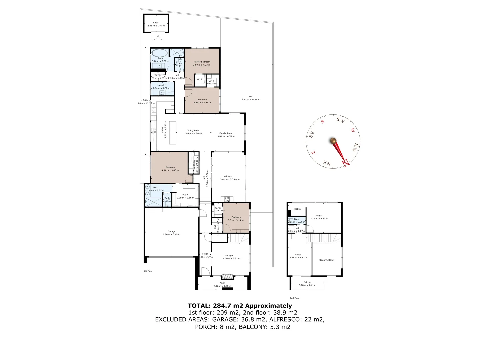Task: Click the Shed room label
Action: click(156, 23)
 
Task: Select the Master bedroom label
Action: click(202, 62)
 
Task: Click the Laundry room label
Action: click(161, 85)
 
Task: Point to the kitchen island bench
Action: click(173, 133)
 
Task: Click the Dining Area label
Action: click(193, 130)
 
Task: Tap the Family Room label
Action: click(226, 133)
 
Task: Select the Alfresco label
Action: click(228, 176)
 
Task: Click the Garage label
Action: click(171, 231)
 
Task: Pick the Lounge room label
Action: click(229, 256)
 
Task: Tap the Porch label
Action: click(222, 283)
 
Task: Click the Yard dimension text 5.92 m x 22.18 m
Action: click(251, 99)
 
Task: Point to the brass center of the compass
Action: click(333, 141)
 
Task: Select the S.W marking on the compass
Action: click(340, 120)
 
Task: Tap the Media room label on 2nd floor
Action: click(319, 216)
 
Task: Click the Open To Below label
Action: click(327, 260)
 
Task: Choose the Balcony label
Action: click(307, 282)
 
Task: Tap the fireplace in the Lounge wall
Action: click(228, 276)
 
